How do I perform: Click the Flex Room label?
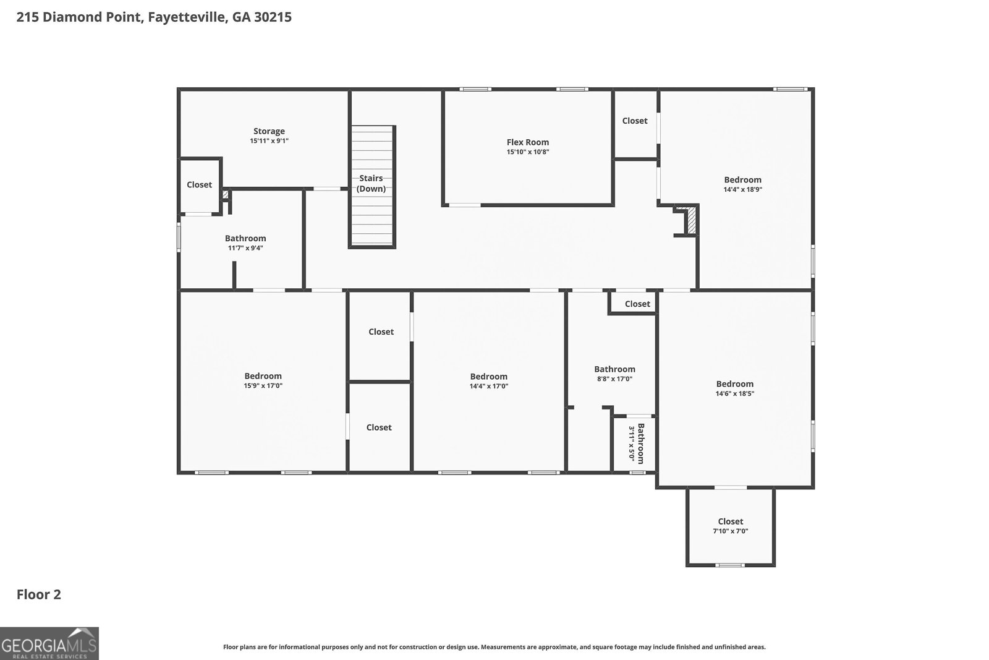[x=527, y=142]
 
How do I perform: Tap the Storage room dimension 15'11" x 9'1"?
[x=269, y=141]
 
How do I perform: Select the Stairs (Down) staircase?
[x=372, y=186]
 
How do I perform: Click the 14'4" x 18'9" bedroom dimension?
[x=742, y=190]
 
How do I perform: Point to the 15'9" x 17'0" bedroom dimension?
[x=263, y=386]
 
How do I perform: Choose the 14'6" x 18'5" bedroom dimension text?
[x=734, y=393]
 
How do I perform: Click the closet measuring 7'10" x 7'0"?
[x=730, y=526]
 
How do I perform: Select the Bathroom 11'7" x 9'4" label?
[x=245, y=239]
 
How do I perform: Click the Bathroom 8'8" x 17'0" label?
[x=614, y=369]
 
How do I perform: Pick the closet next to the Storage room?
[x=199, y=185]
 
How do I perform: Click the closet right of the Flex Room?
[x=635, y=121]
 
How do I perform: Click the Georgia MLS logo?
[x=49, y=643]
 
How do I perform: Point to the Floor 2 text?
[x=38, y=595]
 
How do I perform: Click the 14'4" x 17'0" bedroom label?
[x=488, y=377]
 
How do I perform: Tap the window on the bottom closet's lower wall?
[x=730, y=565]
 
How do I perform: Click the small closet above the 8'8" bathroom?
[x=637, y=304]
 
